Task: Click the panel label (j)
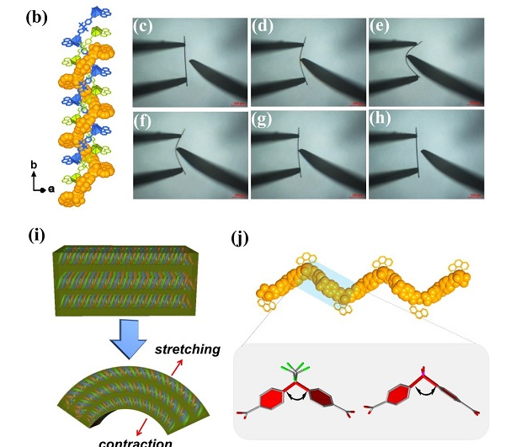point(242,237)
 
